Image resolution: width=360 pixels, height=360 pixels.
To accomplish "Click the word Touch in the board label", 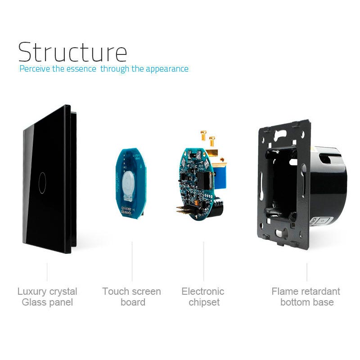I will click(115, 292).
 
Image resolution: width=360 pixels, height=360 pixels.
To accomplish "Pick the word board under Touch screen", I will click(133, 302).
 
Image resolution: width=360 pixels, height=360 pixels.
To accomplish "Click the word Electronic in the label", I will click(203, 292).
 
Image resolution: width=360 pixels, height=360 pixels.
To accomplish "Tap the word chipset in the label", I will click(204, 302).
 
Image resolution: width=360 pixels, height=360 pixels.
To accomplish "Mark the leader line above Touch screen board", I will click(132, 261).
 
